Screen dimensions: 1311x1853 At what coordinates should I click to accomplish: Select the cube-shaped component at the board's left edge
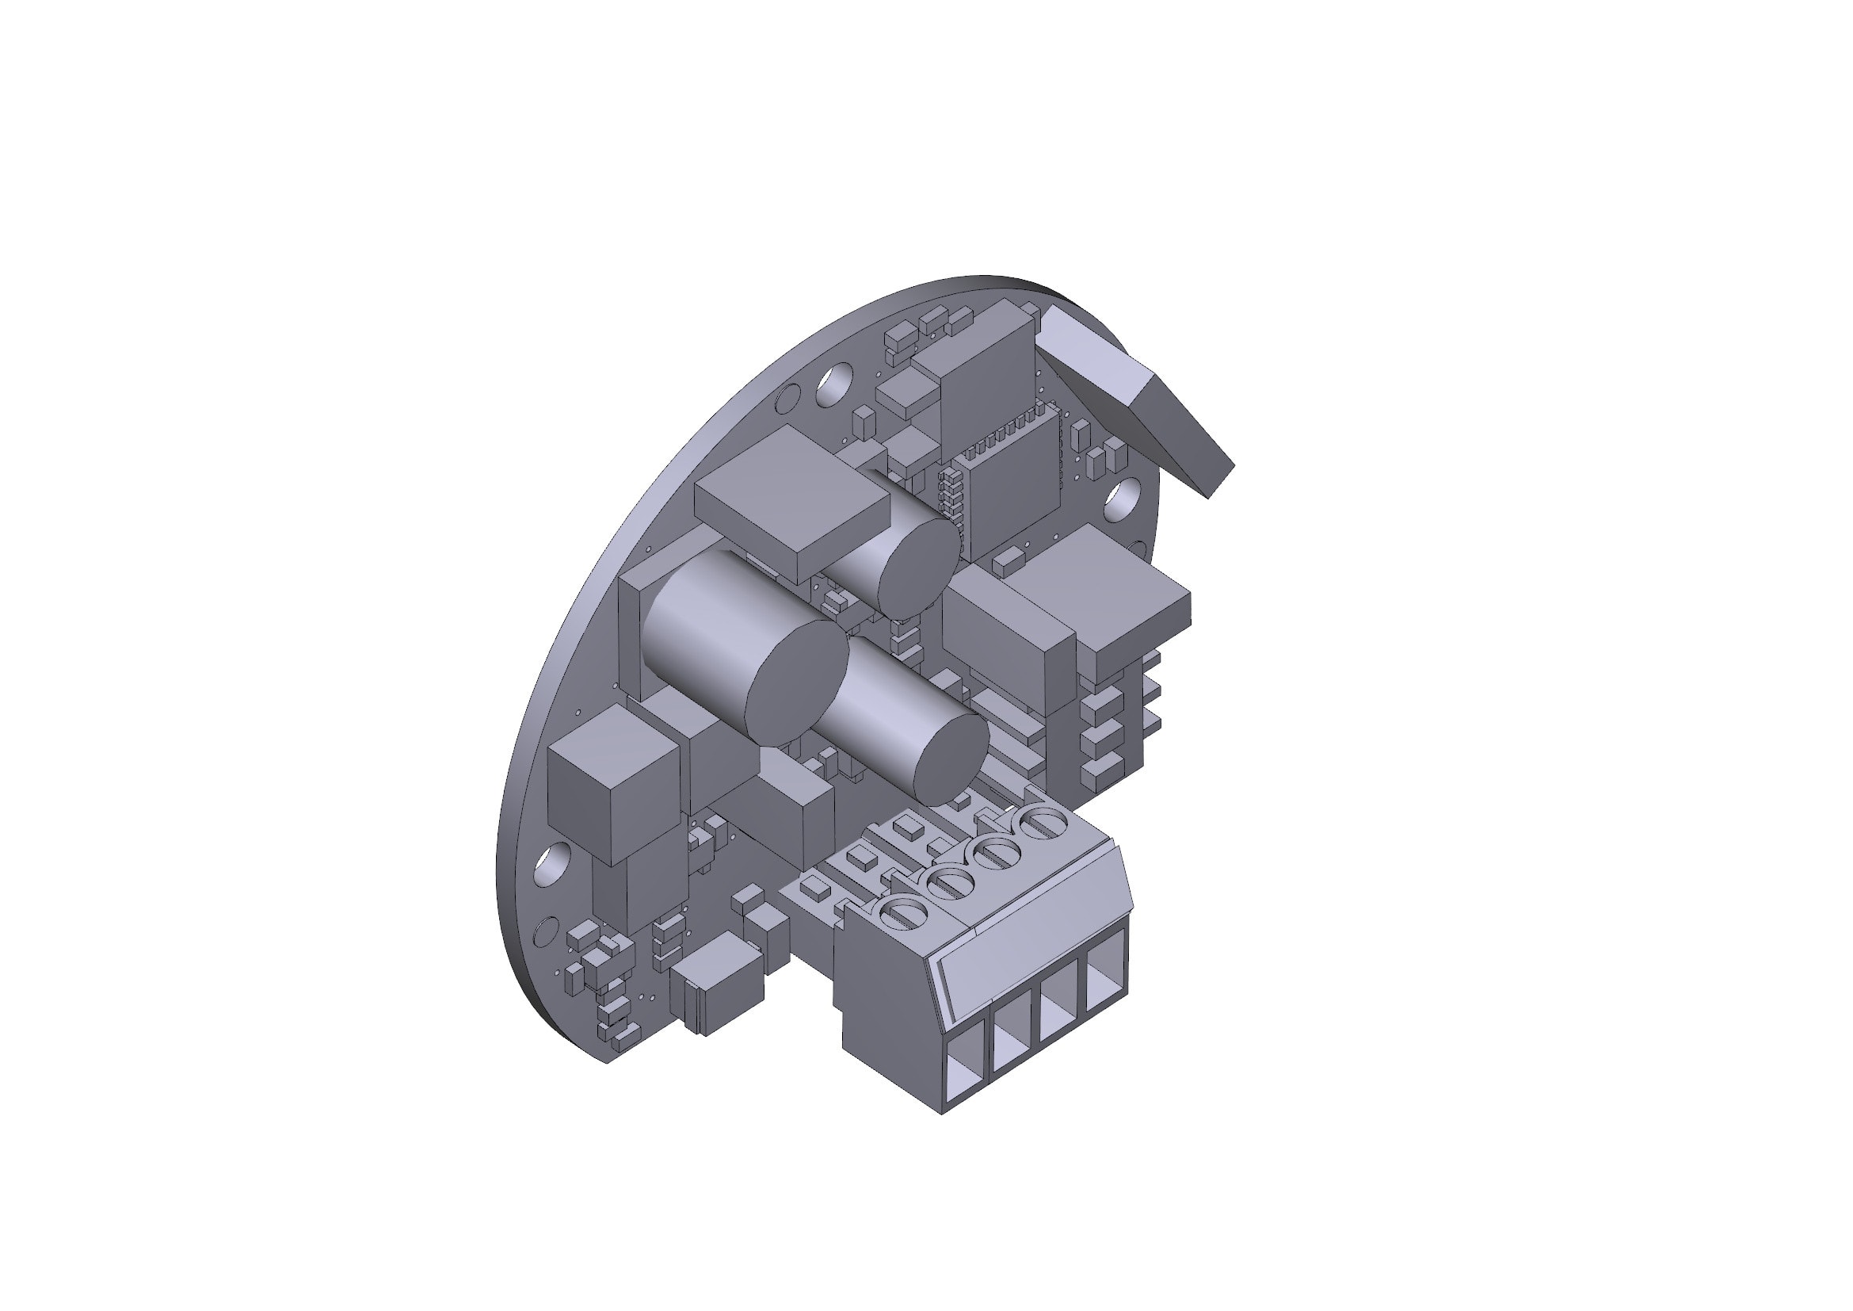[x=613, y=783]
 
